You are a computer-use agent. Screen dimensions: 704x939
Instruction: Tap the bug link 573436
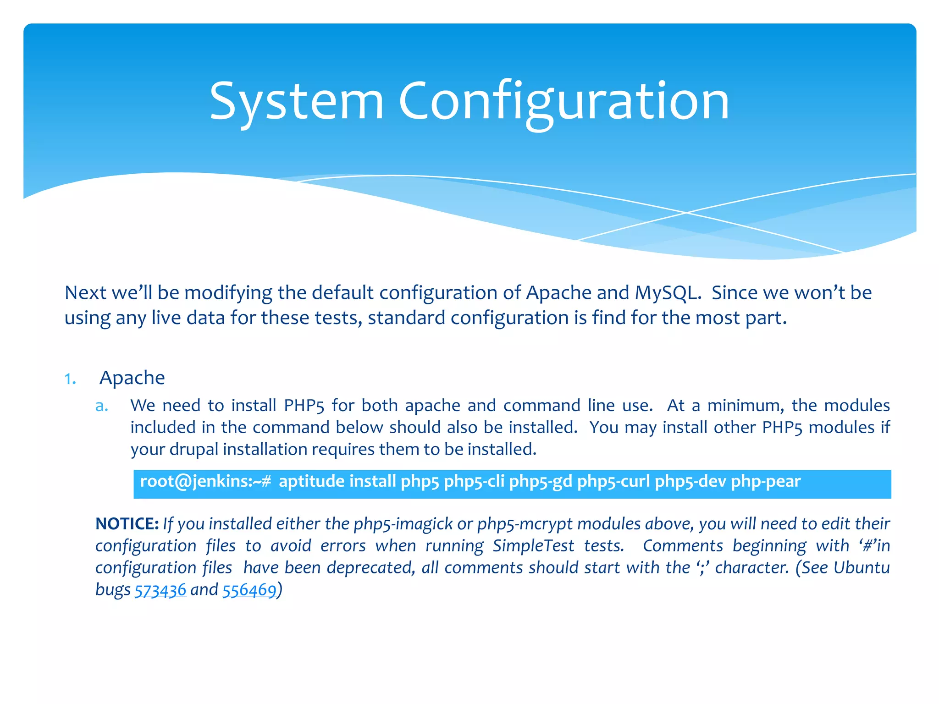[x=160, y=590]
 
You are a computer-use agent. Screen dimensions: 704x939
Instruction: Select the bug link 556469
[x=249, y=590]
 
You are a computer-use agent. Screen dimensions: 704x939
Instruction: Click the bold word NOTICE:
[x=127, y=523]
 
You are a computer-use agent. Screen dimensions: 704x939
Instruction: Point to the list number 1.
[x=70, y=379]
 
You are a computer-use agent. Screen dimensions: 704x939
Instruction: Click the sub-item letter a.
[x=102, y=406]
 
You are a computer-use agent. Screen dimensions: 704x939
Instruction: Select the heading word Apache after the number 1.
[x=132, y=378]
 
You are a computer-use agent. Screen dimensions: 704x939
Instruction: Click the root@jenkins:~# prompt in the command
[x=205, y=481]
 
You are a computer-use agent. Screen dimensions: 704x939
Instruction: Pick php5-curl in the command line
[x=613, y=481]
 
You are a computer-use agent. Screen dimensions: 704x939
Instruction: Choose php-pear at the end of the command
[x=765, y=481]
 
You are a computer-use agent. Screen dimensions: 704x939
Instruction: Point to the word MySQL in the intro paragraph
[x=668, y=293]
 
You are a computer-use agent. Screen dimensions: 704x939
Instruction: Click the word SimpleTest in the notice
[x=533, y=546]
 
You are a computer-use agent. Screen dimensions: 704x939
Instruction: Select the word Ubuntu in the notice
[x=862, y=567]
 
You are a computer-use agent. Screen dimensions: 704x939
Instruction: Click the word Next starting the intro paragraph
[x=85, y=293]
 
